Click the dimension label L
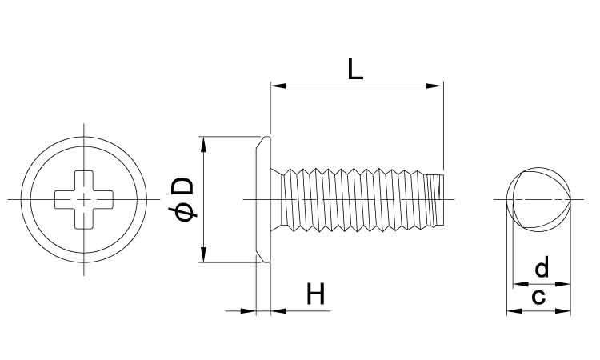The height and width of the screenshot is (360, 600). pyautogui.click(x=355, y=68)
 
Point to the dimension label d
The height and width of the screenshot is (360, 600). pyautogui.click(x=542, y=266)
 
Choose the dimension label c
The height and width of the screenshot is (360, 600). pyautogui.click(x=538, y=297)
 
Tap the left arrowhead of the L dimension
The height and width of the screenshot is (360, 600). pyautogui.click(x=276, y=85)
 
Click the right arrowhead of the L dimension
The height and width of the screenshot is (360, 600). pyautogui.click(x=437, y=85)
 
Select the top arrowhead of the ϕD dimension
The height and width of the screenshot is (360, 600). pyautogui.click(x=204, y=142)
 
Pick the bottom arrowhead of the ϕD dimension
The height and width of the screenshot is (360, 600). pyautogui.click(x=204, y=257)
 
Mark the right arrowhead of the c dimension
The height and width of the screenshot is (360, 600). pyautogui.click(x=567, y=311)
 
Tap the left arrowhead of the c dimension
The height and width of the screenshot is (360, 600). pyautogui.click(x=512, y=311)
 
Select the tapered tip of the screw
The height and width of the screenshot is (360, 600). pyautogui.click(x=437, y=198)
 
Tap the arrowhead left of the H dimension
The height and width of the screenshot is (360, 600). pyautogui.click(x=250, y=311)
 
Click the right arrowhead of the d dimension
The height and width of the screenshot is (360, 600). pyautogui.click(x=566, y=283)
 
